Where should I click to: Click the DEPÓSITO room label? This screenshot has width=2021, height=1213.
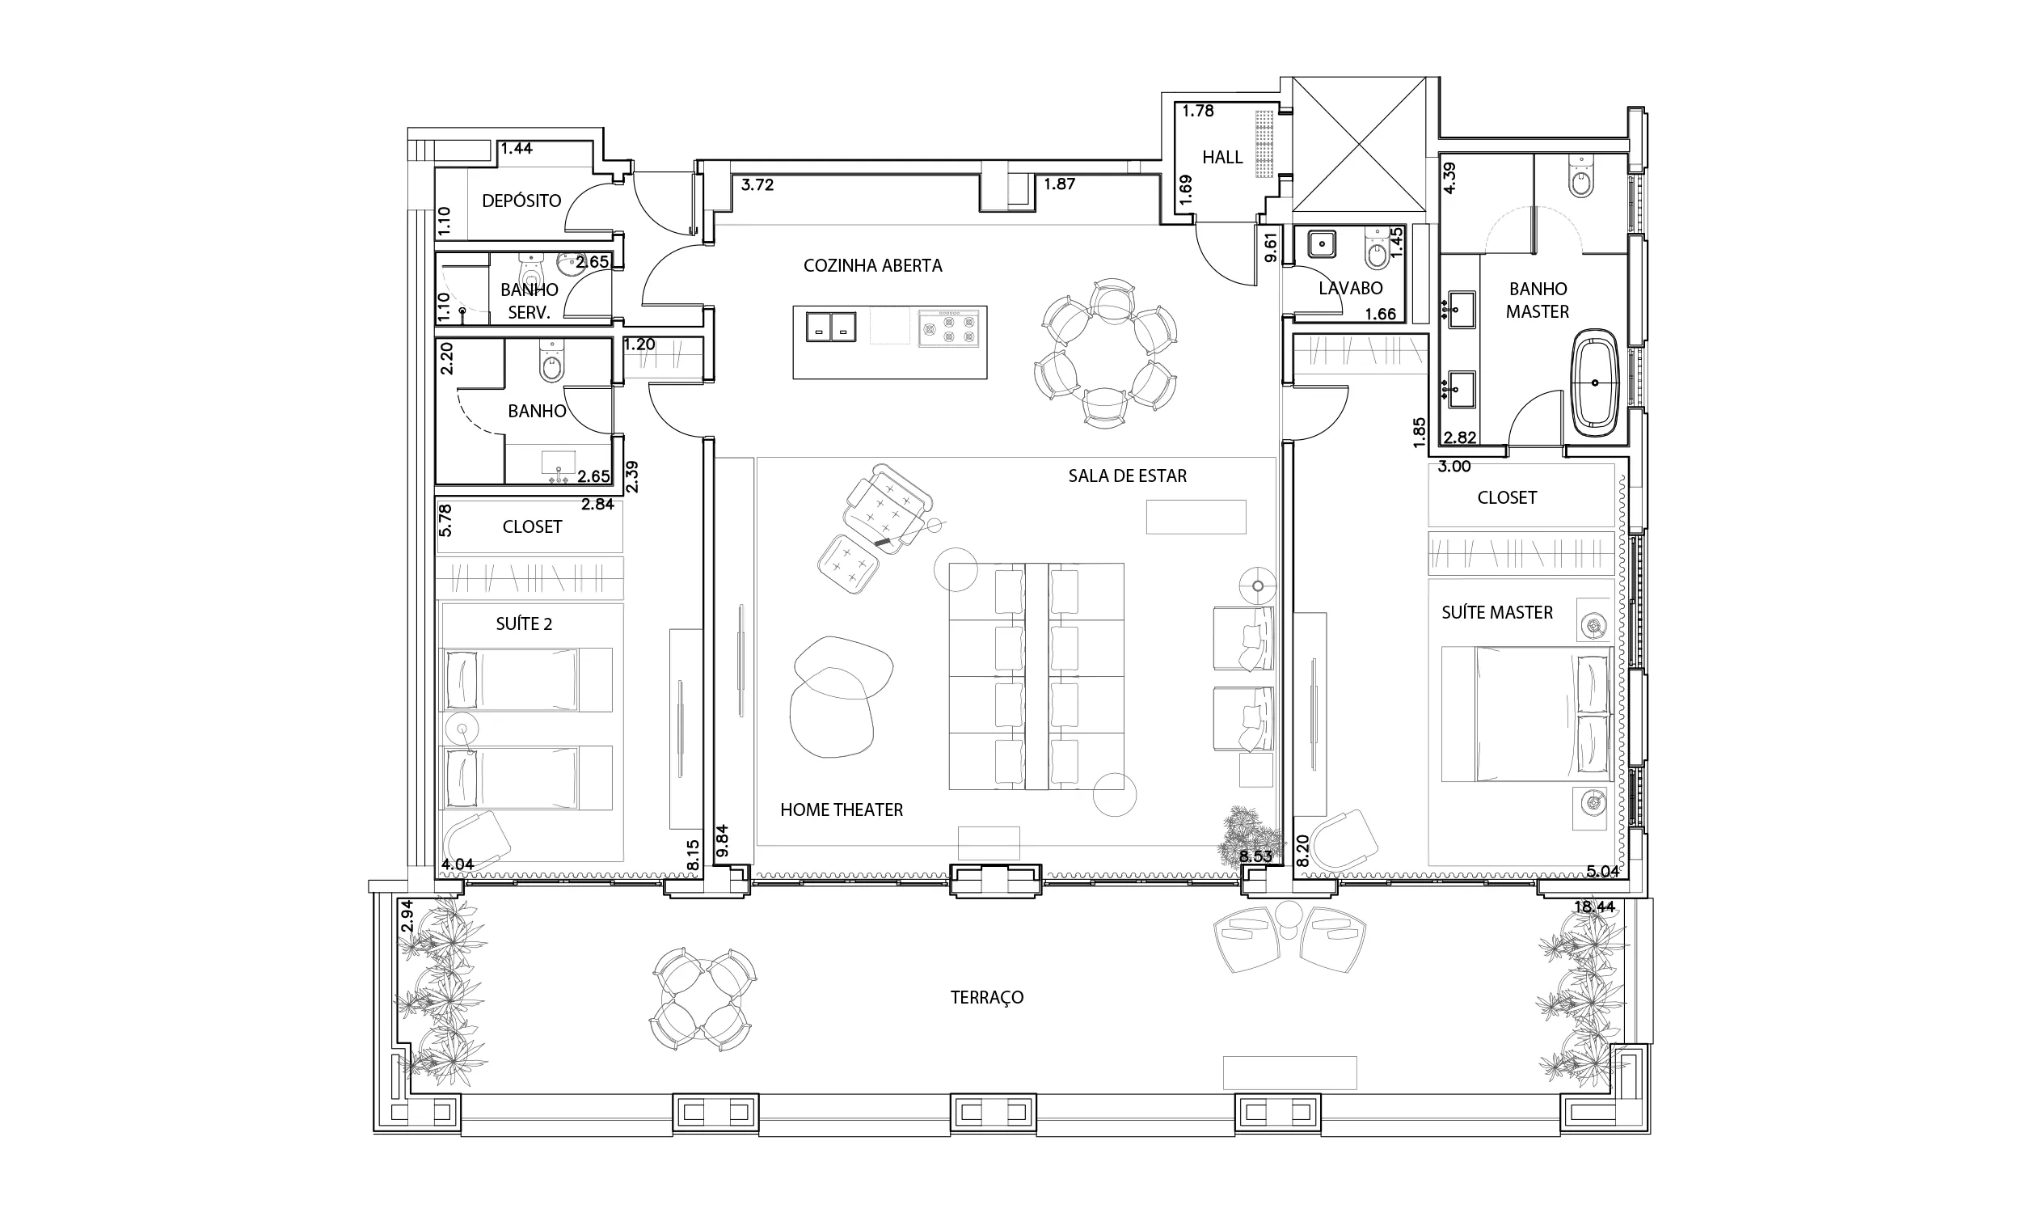(x=521, y=201)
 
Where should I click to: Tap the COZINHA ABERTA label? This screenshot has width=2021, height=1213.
(x=872, y=266)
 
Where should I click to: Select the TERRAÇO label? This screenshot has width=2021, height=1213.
(x=987, y=997)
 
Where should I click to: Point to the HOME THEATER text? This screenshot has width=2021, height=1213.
(x=842, y=810)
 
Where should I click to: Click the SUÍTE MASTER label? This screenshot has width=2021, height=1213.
(x=1496, y=612)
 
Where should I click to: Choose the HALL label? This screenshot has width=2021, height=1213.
(x=1222, y=157)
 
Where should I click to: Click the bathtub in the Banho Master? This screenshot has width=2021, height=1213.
(x=1595, y=382)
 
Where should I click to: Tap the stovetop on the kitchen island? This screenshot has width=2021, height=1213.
(x=948, y=328)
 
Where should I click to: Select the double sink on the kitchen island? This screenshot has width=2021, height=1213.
(x=831, y=326)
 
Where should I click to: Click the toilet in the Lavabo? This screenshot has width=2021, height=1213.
(x=1377, y=249)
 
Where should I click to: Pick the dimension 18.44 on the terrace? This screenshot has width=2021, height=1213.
(x=1595, y=907)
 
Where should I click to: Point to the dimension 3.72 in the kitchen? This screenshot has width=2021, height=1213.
(x=757, y=184)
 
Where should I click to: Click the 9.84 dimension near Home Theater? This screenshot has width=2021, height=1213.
(x=722, y=841)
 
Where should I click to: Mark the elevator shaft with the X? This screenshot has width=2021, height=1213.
(x=1359, y=145)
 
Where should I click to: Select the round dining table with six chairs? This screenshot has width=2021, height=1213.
(x=1105, y=353)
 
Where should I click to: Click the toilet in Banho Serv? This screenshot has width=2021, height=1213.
(x=531, y=267)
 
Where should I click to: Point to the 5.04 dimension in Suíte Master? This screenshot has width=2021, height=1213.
(x=1602, y=871)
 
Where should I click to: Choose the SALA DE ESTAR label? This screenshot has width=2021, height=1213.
(x=1128, y=475)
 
